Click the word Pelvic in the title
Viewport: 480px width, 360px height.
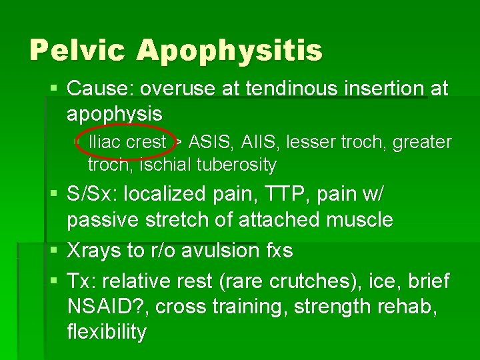pos(79,50)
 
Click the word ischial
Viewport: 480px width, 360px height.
pos(155,164)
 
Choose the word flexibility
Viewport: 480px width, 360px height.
pos(107,331)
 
